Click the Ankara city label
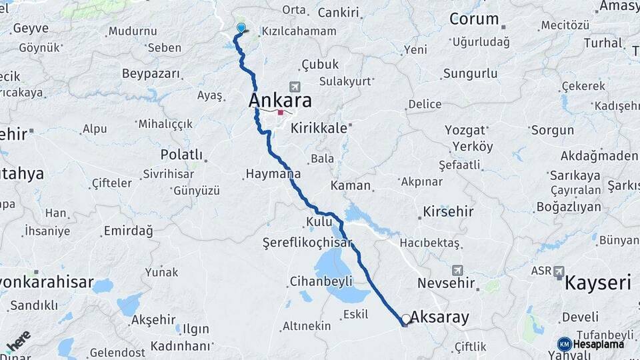click(280, 101)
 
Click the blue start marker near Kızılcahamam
click(241, 28)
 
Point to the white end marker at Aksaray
click(406, 319)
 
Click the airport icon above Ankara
click(295, 87)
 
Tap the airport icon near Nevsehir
click(457, 270)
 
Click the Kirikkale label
click(319, 128)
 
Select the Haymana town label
click(273, 174)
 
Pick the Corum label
click(474, 19)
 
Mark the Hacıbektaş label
click(430, 243)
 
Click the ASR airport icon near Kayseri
click(559, 272)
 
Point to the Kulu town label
click(319, 221)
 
